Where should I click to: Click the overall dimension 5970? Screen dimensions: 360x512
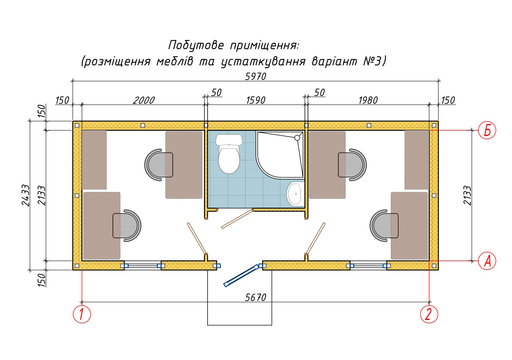pos(256,76)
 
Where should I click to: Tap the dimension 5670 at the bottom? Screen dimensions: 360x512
pos(256,298)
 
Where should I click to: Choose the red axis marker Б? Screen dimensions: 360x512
pos(487,130)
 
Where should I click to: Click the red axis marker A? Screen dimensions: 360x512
pos(487,261)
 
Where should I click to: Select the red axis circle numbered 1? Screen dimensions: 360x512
pos(82,314)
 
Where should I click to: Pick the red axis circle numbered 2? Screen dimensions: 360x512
pos(429,314)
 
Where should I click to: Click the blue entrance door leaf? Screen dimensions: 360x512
pos(240,276)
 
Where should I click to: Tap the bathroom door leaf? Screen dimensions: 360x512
pos(237,218)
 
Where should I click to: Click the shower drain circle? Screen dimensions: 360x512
pos(297,138)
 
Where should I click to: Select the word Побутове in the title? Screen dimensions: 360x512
pos(196,45)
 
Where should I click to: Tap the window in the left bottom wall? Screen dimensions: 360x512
pos(143,265)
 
